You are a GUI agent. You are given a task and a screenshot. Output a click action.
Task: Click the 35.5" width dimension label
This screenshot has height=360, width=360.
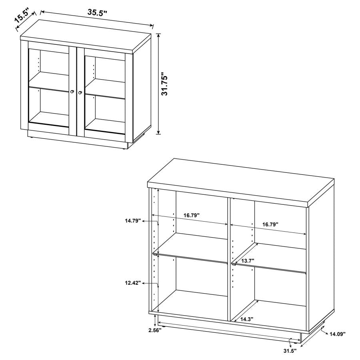pyautogui.click(x=97, y=12)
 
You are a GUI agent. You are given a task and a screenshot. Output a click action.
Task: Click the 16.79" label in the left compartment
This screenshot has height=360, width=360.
pyautogui.click(x=192, y=215)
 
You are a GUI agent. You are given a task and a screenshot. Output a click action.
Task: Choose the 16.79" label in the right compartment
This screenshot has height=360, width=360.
pyautogui.click(x=270, y=224)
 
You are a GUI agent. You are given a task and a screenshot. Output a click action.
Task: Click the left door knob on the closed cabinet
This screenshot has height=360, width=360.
pyautogui.click(x=72, y=92)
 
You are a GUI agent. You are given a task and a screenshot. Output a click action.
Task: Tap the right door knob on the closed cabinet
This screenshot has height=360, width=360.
pyautogui.click(x=81, y=93)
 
